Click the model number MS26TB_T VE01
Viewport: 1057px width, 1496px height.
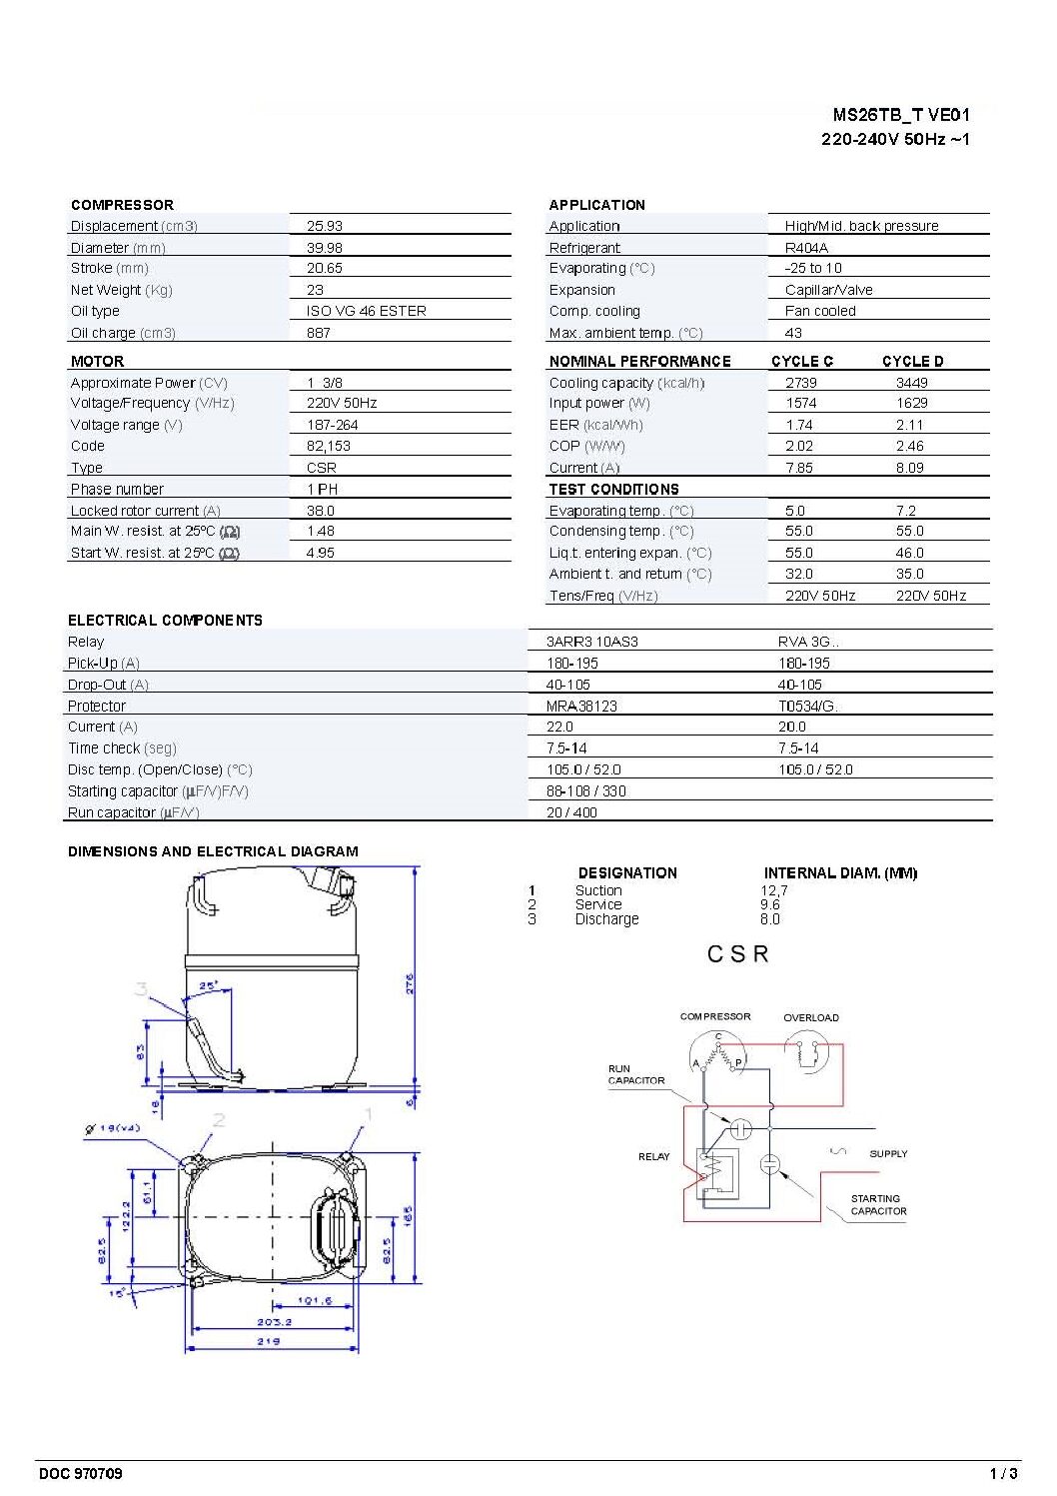[900, 115]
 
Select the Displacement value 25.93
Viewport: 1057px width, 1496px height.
[324, 226]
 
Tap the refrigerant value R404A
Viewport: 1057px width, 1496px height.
[806, 248]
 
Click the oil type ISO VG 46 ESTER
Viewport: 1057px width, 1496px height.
[366, 311]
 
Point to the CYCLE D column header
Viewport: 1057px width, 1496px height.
[912, 361]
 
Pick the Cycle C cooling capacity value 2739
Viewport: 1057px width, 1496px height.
[800, 383]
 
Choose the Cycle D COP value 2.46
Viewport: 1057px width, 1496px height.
[909, 446]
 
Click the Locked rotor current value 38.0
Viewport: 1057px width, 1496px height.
[320, 511]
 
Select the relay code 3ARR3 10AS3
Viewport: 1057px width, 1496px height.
[591, 642]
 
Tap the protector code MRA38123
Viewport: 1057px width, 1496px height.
[581, 706]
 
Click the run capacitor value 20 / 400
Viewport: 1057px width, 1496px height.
[571, 812]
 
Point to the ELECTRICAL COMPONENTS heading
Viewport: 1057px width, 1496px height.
[165, 621]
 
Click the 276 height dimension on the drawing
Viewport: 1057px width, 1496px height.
[410, 983]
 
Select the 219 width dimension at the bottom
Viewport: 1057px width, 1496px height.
[269, 1341]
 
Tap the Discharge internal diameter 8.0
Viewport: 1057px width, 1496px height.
[769, 919]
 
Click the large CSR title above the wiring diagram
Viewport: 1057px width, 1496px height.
[737, 954]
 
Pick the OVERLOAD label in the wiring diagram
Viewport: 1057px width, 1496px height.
[810, 1017]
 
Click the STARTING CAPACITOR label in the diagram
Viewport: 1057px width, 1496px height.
[878, 1204]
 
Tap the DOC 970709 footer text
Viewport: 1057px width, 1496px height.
[81, 1473]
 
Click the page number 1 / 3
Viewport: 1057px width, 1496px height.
[1003, 1473]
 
